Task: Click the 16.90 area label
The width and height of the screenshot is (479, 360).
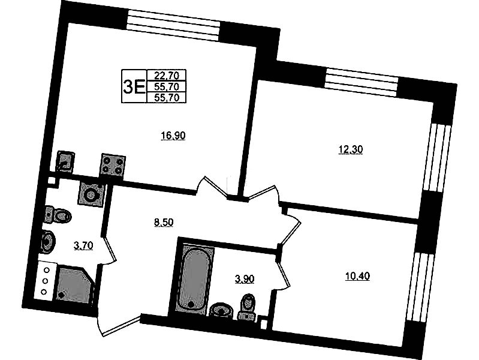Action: pos(173,135)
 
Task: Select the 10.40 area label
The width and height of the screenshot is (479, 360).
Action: pos(357,276)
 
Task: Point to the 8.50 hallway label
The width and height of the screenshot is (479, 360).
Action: pos(164,223)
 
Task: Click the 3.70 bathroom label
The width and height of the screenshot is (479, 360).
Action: pos(83,245)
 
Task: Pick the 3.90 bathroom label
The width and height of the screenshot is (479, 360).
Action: pos(245,279)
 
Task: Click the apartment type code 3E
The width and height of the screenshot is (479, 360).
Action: pos(134,86)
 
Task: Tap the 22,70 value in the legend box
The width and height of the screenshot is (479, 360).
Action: pos(167,75)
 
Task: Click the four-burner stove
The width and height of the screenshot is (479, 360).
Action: pos(113,164)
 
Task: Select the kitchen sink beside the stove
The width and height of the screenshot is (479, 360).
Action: pos(65,161)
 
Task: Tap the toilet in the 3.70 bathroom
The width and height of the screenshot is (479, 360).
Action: pos(58,215)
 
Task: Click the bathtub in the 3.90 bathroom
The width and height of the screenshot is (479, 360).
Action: pos(195,279)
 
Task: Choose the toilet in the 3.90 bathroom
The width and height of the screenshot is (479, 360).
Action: pos(248,307)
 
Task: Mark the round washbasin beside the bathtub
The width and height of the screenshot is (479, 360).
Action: pos(222,311)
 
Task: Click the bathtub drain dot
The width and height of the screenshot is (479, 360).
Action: pos(191,305)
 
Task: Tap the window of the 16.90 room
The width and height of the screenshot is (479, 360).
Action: pos(173,25)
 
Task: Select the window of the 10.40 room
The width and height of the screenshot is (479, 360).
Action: pos(420,287)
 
